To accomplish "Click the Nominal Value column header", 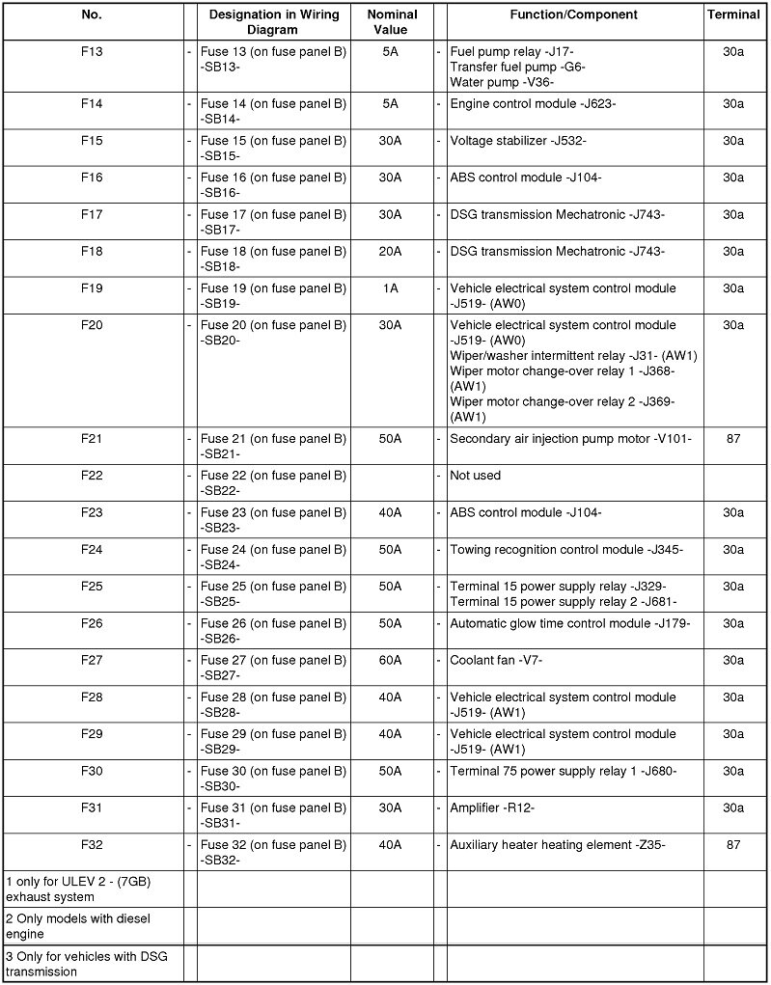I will click(393, 22).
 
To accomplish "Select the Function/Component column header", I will click(573, 14).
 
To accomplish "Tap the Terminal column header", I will click(733, 14).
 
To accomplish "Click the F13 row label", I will click(93, 52).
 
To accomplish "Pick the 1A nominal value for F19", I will click(391, 288).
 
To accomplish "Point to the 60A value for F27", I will click(391, 660).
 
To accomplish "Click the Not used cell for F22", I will click(476, 476).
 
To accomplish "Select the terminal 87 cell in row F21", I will click(733, 438).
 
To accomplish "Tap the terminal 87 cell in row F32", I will click(733, 845).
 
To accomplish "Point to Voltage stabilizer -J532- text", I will click(518, 141).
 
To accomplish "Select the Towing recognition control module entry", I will click(566, 550).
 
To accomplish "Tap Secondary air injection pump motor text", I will click(570, 438).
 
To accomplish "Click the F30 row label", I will click(93, 771).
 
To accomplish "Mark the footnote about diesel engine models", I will click(78, 926).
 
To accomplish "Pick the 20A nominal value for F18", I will click(391, 252).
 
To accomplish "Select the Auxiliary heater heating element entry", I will click(558, 845).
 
